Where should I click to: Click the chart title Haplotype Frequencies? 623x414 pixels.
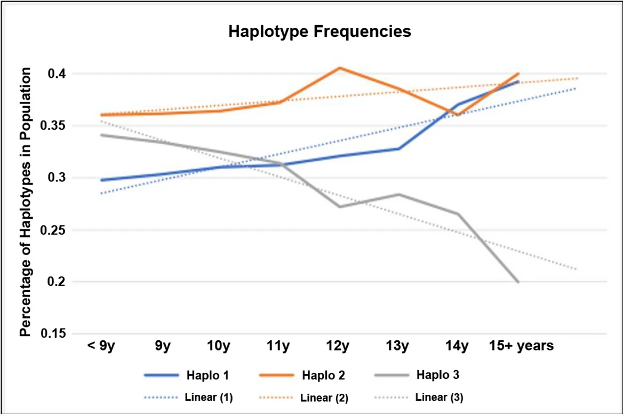[x=320, y=31]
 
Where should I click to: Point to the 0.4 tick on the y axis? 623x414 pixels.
[x=59, y=74]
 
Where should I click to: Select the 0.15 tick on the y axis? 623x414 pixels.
[x=55, y=334]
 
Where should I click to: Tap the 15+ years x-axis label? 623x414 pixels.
[x=522, y=346]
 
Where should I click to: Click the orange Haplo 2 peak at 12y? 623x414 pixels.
[x=339, y=68]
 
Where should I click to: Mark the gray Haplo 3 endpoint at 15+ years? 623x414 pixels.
[x=518, y=282]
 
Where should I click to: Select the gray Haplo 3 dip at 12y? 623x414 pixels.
[x=340, y=206]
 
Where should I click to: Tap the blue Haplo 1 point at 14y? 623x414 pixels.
[x=458, y=105]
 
